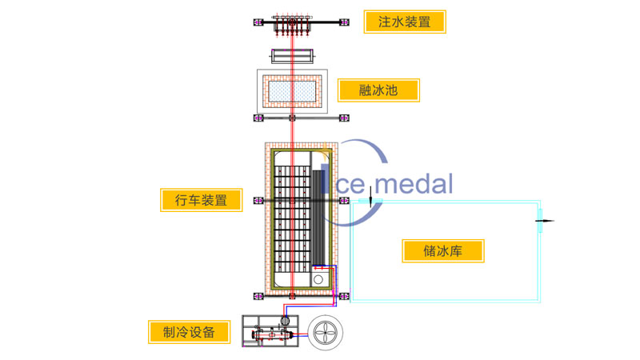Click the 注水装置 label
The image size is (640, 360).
pos(404,22)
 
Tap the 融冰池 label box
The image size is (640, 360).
pos(378,89)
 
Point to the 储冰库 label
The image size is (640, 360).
pos(443,250)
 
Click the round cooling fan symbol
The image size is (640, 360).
pos(326,334)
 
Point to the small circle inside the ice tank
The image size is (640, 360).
pos(318,280)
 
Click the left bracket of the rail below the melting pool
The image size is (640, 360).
pos(258,118)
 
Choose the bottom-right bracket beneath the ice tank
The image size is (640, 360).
pos(344,297)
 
